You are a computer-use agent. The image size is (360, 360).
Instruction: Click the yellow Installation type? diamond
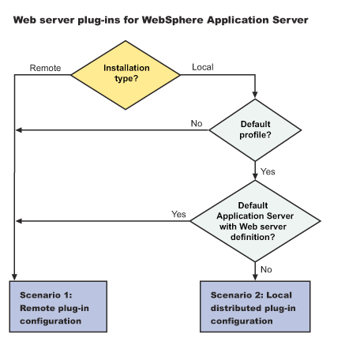[126, 75]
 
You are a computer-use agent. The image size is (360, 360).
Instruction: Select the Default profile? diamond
[255, 129]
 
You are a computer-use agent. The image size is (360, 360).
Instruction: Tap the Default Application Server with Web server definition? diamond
[255, 221]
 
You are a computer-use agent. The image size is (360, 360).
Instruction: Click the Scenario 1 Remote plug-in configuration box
[58, 306]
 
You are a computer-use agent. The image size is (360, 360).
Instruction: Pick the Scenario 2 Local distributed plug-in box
[255, 306]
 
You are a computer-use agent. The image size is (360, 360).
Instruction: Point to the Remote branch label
[45, 68]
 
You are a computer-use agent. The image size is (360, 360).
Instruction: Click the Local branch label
[203, 67]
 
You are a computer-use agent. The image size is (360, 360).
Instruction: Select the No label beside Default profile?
[197, 123]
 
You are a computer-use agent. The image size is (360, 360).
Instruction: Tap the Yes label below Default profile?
[268, 171]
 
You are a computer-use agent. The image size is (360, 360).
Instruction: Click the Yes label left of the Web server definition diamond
[178, 214]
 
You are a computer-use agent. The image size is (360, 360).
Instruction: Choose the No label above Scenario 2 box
[266, 269]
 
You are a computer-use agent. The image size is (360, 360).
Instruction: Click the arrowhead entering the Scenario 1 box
[14, 277]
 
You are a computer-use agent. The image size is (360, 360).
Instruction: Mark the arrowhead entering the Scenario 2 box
[255, 277]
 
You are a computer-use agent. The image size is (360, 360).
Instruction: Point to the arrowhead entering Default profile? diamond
[255, 95]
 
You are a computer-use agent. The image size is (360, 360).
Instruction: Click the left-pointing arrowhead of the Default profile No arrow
[19, 130]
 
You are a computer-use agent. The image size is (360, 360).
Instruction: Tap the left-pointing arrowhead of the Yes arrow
[19, 221]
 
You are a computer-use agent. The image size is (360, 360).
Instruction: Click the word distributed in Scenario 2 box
[235, 308]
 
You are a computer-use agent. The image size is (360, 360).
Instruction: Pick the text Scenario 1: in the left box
[46, 295]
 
